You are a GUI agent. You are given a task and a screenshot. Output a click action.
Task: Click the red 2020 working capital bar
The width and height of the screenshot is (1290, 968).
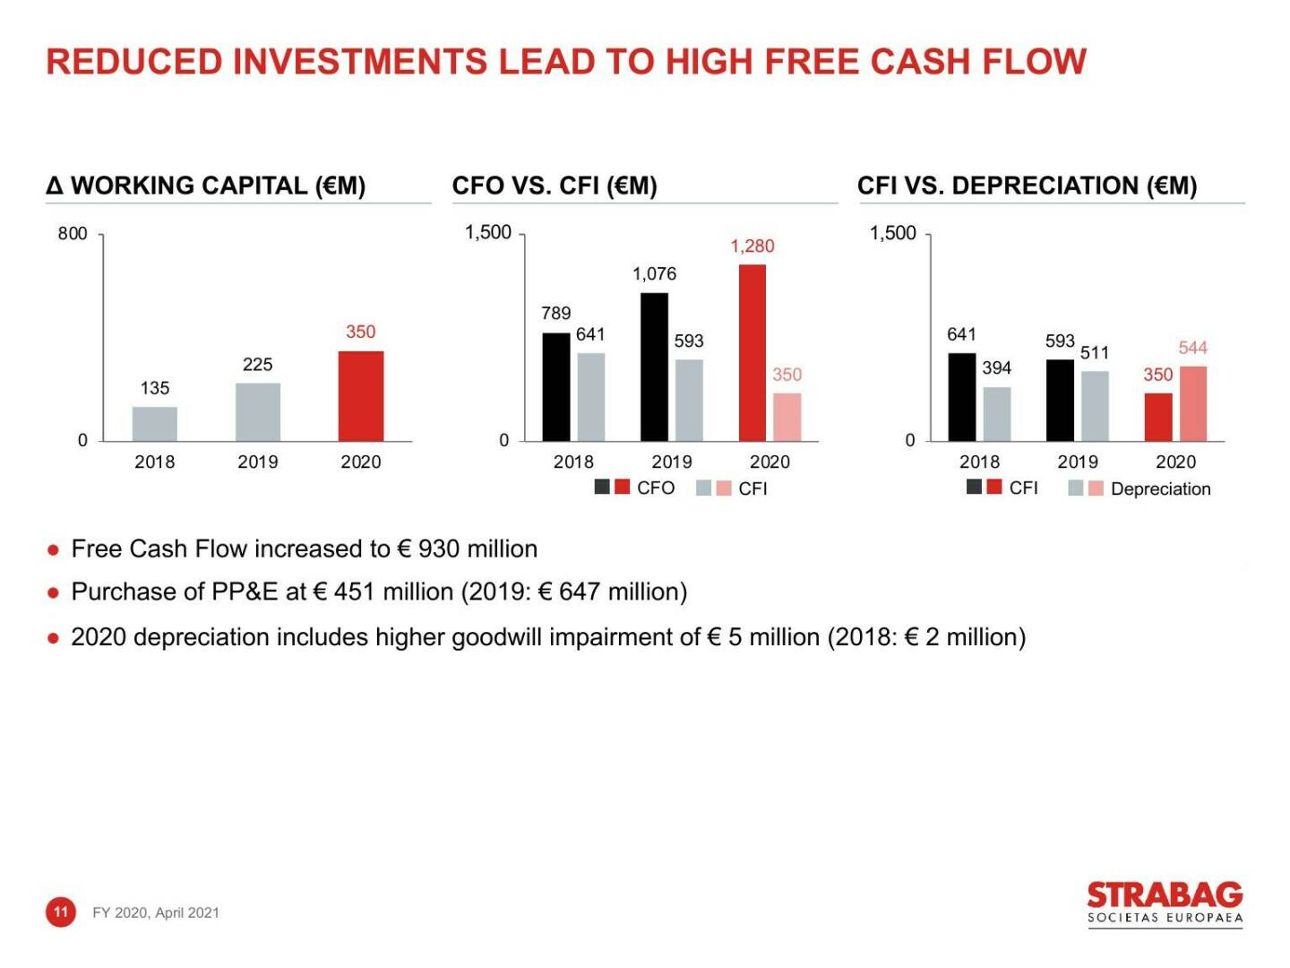tap(360, 395)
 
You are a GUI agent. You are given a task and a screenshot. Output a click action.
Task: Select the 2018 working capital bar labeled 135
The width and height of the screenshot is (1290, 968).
tap(154, 423)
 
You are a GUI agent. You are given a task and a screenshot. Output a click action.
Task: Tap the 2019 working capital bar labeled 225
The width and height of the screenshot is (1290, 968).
tap(257, 411)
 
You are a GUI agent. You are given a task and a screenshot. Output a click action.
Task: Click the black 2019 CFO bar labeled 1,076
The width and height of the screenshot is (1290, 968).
tap(654, 367)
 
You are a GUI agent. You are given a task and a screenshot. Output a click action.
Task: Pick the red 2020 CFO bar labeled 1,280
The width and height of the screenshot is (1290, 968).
tap(752, 352)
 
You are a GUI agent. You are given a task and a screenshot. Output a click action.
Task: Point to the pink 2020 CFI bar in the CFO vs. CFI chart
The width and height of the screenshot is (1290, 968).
tap(787, 417)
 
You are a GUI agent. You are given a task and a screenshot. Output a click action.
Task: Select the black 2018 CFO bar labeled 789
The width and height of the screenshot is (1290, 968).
tap(555, 386)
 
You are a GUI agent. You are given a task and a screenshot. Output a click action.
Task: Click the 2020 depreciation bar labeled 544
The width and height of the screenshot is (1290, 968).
tap(1192, 403)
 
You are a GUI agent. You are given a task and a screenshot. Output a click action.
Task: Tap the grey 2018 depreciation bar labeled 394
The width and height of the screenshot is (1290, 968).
tap(996, 413)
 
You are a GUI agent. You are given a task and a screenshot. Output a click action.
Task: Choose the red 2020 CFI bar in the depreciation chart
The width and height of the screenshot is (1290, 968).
tap(1157, 417)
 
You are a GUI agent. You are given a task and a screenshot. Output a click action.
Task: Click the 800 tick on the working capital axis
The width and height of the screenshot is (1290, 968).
tap(73, 234)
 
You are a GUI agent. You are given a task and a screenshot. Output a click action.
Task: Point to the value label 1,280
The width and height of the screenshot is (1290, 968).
tap(752, 246)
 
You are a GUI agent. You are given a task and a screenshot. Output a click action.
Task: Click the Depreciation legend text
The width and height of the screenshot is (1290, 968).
tap(1160, 488)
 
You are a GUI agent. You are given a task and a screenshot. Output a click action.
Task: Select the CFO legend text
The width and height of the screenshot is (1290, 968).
tap(655, 488)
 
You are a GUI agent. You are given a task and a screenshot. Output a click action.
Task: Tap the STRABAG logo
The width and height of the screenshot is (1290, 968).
tap(1165, 903)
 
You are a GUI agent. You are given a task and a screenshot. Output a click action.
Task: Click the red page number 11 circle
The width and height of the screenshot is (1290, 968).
tap(60, 912)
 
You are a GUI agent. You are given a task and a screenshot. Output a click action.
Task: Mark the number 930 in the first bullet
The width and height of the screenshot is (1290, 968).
tap(438, 549)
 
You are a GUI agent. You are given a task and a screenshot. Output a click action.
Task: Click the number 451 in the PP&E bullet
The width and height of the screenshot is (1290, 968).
tap(354, 592)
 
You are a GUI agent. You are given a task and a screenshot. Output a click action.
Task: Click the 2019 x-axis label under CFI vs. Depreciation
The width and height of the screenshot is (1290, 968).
tap(1077, 462)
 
